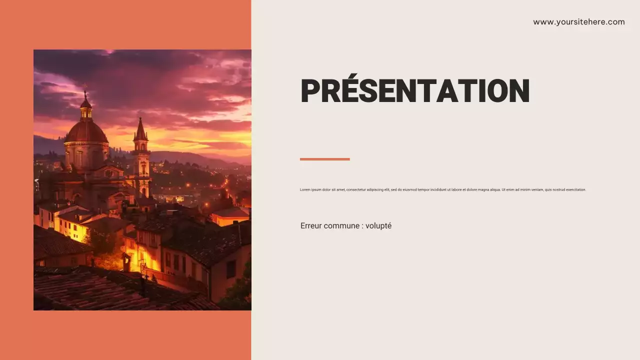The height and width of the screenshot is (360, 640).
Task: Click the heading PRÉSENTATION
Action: click(x=414, y=91)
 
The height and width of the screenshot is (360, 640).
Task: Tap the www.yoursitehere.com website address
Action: click(x=578, y=22)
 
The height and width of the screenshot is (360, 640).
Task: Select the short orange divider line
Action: click(x=324, y=159)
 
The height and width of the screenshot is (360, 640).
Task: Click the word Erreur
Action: click(x=311, y=226)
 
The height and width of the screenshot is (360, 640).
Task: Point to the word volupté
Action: click(x=378, y=226)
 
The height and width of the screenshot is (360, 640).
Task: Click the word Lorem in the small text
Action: click(x=305, y=190)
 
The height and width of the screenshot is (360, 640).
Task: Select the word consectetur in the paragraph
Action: click(x=358, y=190)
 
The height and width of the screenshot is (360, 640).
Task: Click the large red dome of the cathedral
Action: click(x=86, y=132)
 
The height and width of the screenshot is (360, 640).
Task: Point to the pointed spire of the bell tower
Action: click(x=140, y=129)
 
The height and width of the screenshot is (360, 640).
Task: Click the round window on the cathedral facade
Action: click(x=108, y=173)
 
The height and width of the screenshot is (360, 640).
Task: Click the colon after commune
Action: click(x=362, y=226)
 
